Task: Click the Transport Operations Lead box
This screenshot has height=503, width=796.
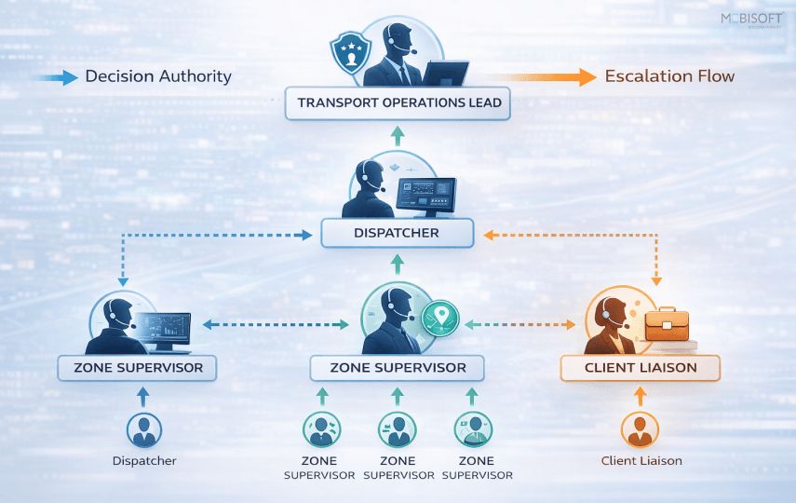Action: tap(398, 102)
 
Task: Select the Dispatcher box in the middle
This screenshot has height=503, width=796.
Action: tap(398, 233)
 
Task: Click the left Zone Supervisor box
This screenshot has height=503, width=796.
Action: tap(137, 368)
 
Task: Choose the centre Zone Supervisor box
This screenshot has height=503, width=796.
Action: tap(398, 368)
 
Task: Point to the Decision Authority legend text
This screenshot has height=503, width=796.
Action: tap(158, 76)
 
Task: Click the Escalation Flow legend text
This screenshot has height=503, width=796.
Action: tap(669, 76)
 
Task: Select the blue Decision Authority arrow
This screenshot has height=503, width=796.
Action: tap(56, 78)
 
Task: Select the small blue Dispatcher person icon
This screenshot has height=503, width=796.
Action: tap(143, 430)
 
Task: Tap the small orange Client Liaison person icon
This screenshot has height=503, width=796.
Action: tap(640, 430)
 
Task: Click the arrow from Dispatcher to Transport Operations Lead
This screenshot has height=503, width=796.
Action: tap(398, 137)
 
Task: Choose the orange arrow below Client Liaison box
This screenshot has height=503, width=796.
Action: tap(640, 396)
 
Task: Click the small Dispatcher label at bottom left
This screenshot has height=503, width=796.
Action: tap(144, 461)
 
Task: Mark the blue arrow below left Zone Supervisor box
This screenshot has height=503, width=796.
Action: tap(143, 396)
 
